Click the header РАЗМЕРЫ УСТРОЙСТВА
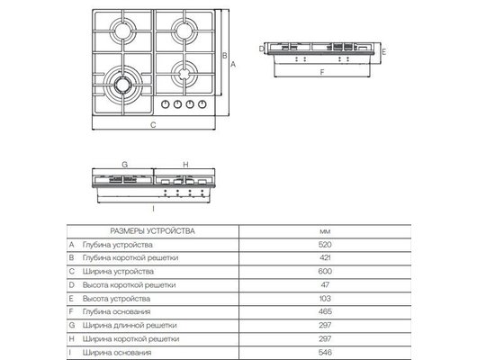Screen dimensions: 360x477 tap(151, 231)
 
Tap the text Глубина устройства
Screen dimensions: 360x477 tap(117, 245)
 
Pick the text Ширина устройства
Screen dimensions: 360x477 tap(117, 271)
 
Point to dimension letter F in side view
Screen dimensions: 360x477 tap(321, 71)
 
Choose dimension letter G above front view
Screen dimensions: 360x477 tap(124, 165)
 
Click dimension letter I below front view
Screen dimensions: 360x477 tap(153, 208)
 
